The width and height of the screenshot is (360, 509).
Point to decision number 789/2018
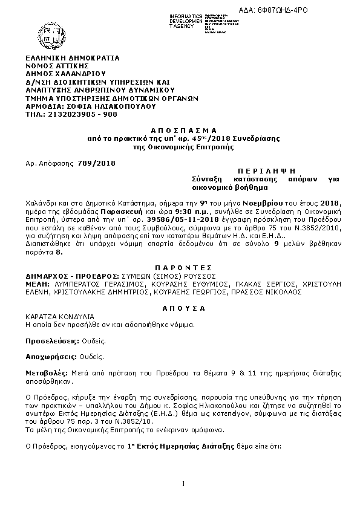point(96,163)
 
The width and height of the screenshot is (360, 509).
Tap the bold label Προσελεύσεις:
point(51,341)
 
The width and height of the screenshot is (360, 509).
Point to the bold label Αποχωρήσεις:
point(50,357)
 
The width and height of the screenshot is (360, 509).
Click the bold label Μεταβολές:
point(47,374)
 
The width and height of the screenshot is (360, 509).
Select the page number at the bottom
point(182,482)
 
